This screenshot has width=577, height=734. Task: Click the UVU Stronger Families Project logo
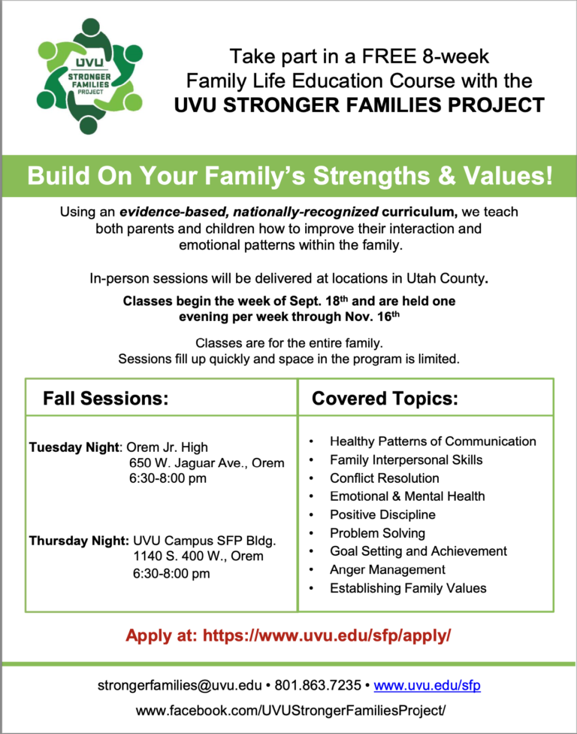pos(89,76)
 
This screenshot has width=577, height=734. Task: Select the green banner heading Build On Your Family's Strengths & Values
pos(290,176)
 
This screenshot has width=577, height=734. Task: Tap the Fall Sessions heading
pos(106,399)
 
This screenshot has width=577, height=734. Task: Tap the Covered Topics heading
pos(385,399)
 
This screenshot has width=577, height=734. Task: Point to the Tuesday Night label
pos(74,447)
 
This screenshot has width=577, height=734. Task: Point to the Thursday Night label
pos(79,541)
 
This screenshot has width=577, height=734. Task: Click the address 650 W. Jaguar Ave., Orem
pos(207,463)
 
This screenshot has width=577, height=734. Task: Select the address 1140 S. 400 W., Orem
pos(198,556)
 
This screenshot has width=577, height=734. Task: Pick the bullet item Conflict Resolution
pos(385,478)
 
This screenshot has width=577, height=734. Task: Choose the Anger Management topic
pos(388,570)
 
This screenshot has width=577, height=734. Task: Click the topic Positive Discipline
pos(382,515)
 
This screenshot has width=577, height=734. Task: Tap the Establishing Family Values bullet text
pos(408,588)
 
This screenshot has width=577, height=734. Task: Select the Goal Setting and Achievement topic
pos(418,551)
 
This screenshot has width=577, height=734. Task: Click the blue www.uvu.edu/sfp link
pos(427,685)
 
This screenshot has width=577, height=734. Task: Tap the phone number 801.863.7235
pos(318,685)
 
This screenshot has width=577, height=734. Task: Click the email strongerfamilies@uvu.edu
pos(180,685)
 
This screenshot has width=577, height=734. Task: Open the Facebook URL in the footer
pos(290,711)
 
